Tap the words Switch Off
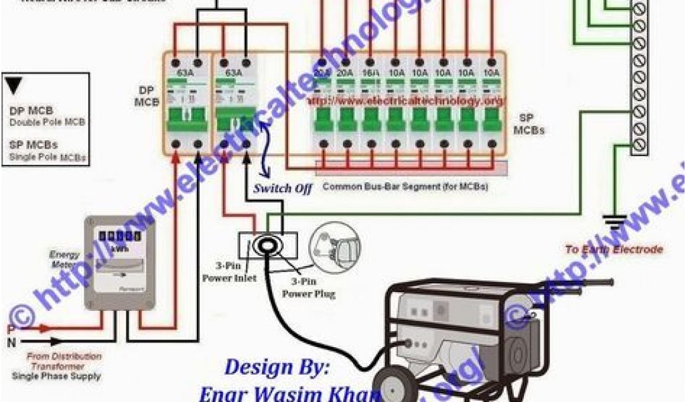[282, 189]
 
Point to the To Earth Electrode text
[614, 249]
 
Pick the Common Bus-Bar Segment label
[405, 186]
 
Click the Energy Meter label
[65, 259]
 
